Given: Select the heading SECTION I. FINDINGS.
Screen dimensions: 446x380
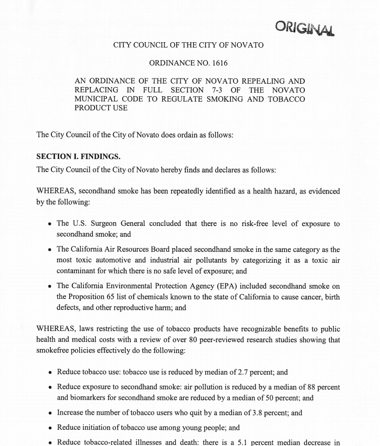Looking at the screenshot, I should [x=78, y=157].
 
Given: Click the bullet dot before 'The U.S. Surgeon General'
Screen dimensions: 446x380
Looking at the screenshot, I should [x=50, y=224].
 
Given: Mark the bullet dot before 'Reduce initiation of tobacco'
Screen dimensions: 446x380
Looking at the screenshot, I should [x=50, y=428].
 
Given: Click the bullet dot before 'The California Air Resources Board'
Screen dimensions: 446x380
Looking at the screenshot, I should [x=50, y=250].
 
